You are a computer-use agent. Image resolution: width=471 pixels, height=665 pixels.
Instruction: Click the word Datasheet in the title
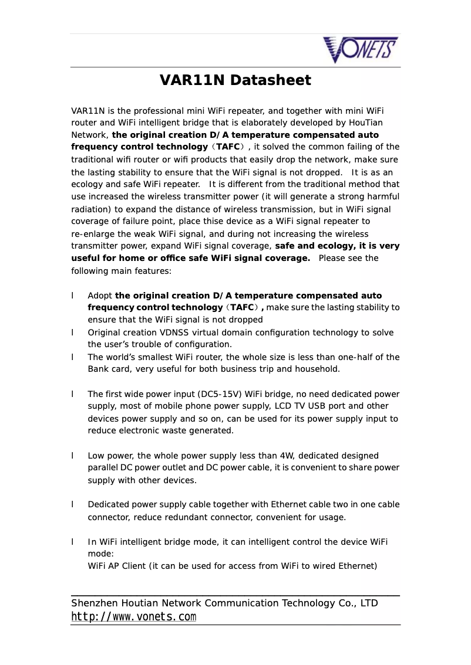click(x=270, y=80)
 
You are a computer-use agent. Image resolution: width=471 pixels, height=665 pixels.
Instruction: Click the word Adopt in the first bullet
click(x=100, y=296)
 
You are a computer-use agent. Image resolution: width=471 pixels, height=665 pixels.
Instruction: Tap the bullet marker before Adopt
click(x=72, y=296)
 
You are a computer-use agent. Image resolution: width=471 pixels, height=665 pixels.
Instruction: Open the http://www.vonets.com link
click(x=133, y=617)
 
